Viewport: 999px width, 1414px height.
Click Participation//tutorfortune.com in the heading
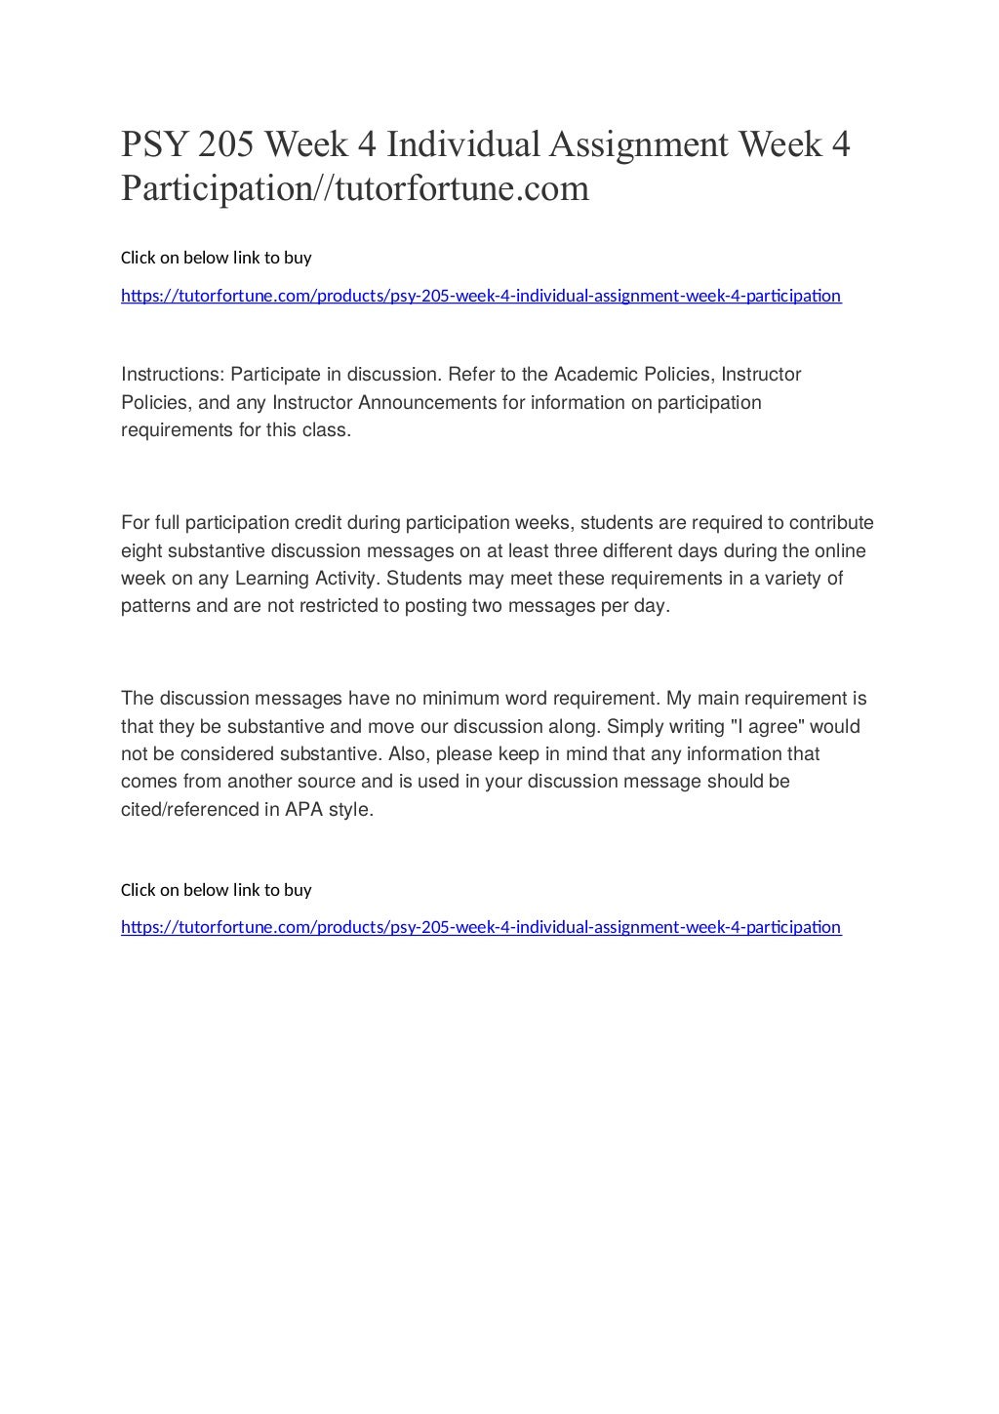(355, 188)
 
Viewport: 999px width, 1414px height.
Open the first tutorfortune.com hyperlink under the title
(480, 296)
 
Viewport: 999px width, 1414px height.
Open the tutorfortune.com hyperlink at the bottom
(480, 927)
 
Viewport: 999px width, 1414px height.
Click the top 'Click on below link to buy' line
(216, 258)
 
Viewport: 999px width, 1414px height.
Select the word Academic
(594, 375)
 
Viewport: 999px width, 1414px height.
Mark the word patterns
(156, 606)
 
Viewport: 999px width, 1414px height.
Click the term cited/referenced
(188, 810)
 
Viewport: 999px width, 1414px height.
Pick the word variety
(790, 579)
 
